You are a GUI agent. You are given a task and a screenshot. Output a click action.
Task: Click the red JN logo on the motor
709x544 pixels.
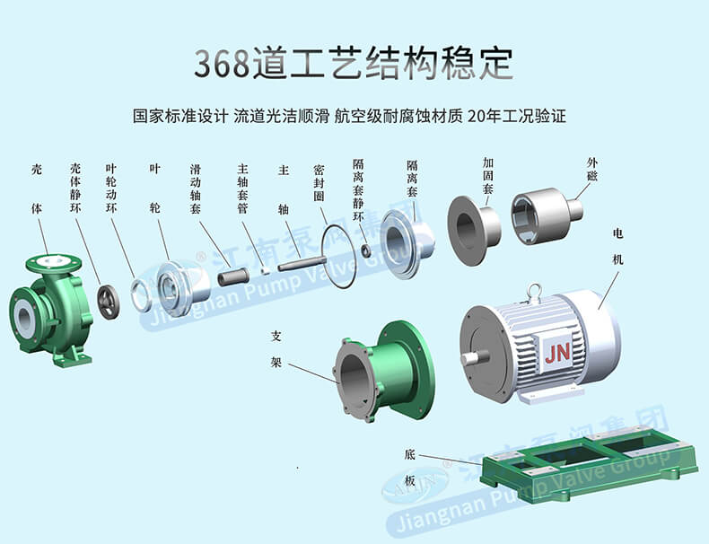pos(557,352)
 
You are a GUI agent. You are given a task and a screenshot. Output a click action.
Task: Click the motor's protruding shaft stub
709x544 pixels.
pos(475,357)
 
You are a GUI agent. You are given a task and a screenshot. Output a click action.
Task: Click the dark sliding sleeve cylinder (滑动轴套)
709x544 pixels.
pos(233,276)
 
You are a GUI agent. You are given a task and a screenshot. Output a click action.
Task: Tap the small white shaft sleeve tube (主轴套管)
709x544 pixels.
pos(267,270)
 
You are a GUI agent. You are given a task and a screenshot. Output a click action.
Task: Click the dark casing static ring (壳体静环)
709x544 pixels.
pos(109,302)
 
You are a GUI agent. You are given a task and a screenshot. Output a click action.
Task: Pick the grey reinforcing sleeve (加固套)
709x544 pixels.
pos(474,231)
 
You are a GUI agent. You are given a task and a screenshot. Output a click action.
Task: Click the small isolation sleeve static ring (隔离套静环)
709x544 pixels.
pos(366,250)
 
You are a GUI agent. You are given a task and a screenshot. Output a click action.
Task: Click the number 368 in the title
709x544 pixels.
pos(221,64)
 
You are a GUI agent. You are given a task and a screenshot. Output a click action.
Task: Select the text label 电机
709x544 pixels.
pos(617,247)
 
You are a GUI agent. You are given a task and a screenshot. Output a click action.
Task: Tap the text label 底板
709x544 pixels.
pos(409,468)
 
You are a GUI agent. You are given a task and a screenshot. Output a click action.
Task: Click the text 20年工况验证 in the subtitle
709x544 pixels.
pos(517,116)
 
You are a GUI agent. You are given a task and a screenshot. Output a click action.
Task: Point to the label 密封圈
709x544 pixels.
pos(319,183)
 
